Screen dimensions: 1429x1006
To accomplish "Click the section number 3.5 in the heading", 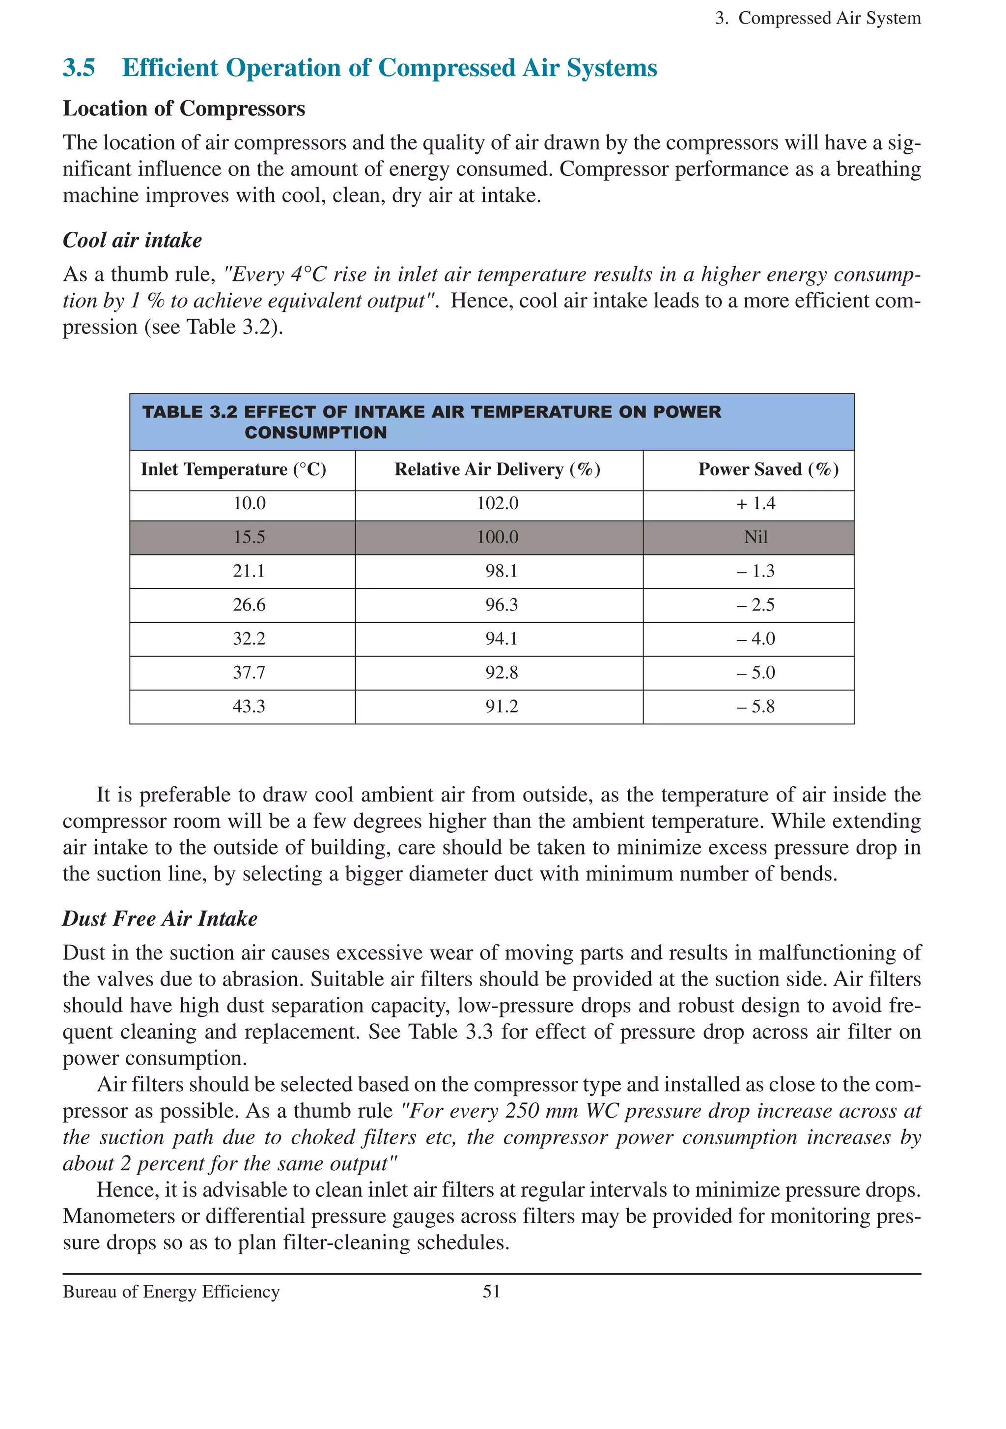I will (x=79, y=68).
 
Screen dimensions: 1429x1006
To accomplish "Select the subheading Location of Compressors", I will (x=184, y=109).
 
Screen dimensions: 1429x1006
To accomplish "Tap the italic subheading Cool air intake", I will (x=132, y=240).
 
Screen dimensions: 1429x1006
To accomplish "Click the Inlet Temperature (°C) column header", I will (x=233, y=469).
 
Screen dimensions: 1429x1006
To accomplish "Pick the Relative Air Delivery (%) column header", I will (x=498, y=469).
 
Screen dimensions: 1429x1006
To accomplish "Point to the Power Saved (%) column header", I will (x=768, y=469).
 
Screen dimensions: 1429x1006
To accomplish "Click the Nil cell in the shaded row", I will (x=756, y=537).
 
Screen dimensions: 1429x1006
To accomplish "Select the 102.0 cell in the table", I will (x=498, y=503).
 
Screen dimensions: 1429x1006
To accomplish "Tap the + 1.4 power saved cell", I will (x=756, y=503).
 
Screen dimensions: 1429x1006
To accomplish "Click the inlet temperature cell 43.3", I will (x=249, y=707).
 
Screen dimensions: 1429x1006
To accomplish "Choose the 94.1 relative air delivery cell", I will (x=501, y=638).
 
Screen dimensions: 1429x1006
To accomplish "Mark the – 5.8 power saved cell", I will (x=756, y=707).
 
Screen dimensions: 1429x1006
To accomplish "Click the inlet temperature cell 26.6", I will (x=249, y=605).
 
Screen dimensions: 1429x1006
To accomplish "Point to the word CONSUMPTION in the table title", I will (x=316, y=433).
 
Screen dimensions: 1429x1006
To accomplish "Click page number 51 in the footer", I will (x=491, y=1292).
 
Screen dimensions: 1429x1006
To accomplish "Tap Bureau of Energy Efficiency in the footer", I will (x=171, y=1292).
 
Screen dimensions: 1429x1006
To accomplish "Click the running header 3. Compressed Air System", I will (x=817, y=18).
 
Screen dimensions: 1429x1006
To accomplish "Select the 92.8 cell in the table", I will (x=501, y=673).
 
